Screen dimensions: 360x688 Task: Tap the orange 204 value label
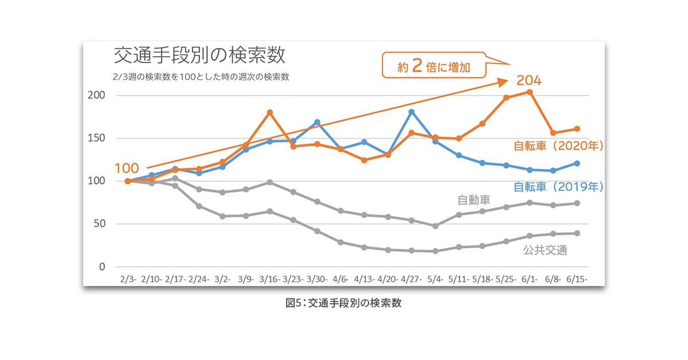[x=529, y=80]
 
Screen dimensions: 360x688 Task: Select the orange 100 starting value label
[x=127, y=169]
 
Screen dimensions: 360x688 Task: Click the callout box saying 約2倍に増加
[x=433, y=66]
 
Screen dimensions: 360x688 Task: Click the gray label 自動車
[x=474, y=200]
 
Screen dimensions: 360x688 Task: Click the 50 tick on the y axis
[x=99, y=224]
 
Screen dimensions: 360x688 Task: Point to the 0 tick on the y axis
[x=102, y=267]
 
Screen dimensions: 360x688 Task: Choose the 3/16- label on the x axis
[x=269, y=279]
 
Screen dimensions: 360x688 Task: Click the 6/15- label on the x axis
[x=577, y=279]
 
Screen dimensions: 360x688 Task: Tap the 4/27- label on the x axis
[x=411, y=279]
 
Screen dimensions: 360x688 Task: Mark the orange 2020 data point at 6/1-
[x=530, y=92]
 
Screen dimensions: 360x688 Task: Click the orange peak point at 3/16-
[x=269, y=112]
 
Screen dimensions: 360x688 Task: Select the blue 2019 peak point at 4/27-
[x=411, y=112]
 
